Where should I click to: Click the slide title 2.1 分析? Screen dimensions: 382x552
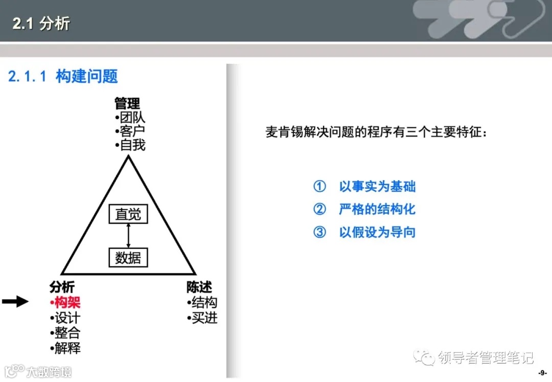41,24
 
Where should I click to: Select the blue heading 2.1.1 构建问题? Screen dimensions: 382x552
63,77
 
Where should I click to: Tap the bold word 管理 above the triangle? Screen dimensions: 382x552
127,104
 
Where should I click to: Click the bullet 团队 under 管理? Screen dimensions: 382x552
131,118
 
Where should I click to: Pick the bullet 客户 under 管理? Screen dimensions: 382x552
131,131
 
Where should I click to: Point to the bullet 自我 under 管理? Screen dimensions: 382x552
131,145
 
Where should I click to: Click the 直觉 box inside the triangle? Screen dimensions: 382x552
128,214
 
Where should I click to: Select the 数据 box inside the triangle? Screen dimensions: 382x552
128,258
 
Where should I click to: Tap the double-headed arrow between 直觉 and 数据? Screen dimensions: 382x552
128,236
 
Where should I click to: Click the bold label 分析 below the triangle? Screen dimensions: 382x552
62,287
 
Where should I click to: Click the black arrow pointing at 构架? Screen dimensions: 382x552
15,302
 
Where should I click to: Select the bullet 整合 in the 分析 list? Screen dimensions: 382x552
66,333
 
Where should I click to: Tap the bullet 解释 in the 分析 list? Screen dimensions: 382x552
66,349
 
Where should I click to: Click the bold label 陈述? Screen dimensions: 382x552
199,287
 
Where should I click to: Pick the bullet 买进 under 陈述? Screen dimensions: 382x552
203,318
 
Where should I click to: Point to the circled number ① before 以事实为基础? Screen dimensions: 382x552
319,187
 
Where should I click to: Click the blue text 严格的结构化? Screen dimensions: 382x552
377,209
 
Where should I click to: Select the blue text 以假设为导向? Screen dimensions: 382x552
377,232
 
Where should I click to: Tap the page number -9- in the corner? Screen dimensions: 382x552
542,373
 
